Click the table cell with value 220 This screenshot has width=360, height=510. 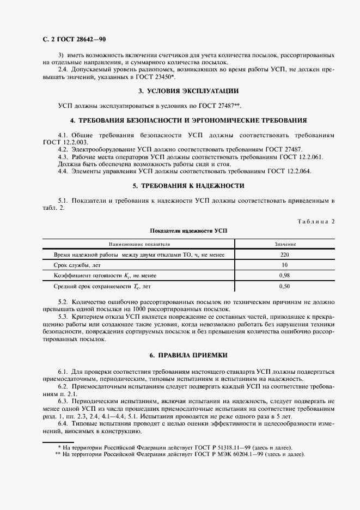coord(284,254)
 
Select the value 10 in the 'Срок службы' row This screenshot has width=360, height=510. coord(284,265)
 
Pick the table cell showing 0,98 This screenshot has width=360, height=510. coord(284,275)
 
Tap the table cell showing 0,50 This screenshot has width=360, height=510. coord(284,286)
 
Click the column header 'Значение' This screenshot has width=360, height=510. coord(284,245)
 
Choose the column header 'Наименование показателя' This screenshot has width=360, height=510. coord(139,245)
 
